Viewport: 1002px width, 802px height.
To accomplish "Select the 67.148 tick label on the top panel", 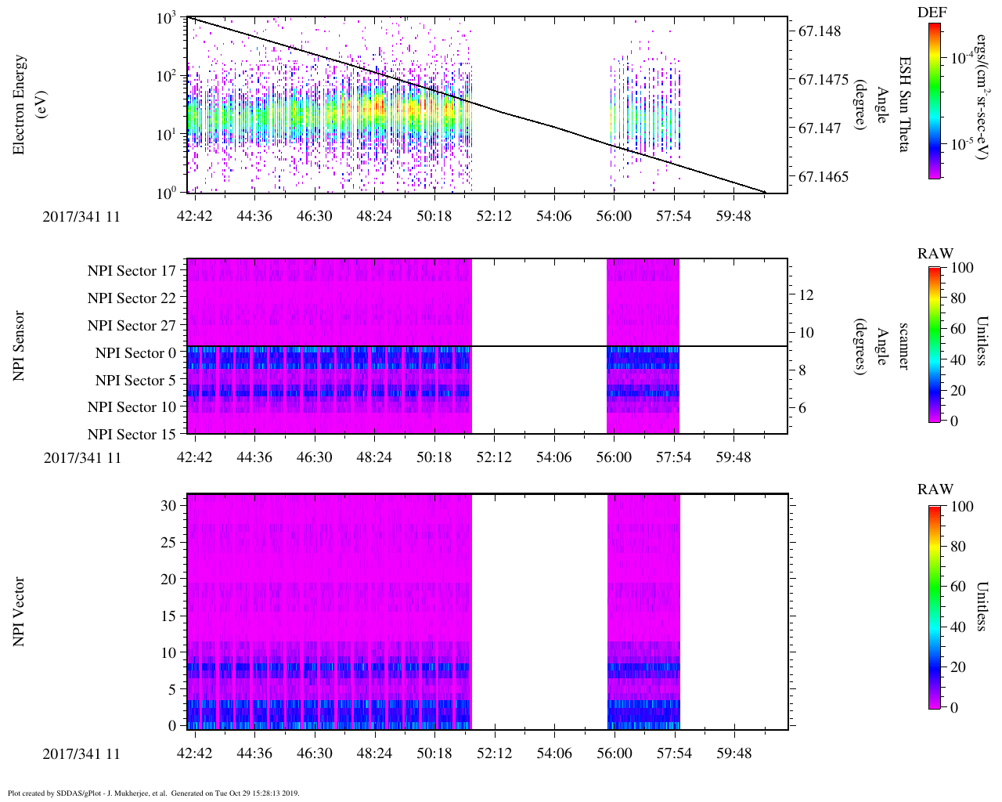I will coord(820,31).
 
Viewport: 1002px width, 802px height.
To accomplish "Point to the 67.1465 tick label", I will coord(823,177).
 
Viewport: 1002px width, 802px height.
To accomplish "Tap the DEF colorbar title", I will coord(932,12).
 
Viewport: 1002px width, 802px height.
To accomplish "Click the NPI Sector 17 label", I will coord(132,271).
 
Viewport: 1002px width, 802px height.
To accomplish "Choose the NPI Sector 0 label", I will coord(135,353).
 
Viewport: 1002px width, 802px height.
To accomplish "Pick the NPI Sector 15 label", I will coord(132,435).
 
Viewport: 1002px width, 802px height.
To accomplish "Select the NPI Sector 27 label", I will coord(132,326).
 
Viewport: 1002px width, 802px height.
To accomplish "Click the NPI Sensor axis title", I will coord(19,346).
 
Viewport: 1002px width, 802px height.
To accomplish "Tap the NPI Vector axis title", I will coord(19,612).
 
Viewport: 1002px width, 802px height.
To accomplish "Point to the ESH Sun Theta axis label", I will coord(904,104).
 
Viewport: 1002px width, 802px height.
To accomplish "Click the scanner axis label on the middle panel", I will coord(904,346).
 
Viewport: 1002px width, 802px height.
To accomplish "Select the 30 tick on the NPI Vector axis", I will coord(168,506).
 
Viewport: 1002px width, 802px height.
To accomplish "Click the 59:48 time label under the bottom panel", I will coord(733,753).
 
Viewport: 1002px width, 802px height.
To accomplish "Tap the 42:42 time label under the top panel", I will coord(194,216).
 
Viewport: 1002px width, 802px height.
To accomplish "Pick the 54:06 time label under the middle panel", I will coord(553,457).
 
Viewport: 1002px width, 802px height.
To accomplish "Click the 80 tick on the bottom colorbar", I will coord(958,547).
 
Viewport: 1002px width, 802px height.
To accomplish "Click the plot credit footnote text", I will coord(153,793).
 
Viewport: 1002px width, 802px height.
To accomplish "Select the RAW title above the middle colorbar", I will coord(935,254).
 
